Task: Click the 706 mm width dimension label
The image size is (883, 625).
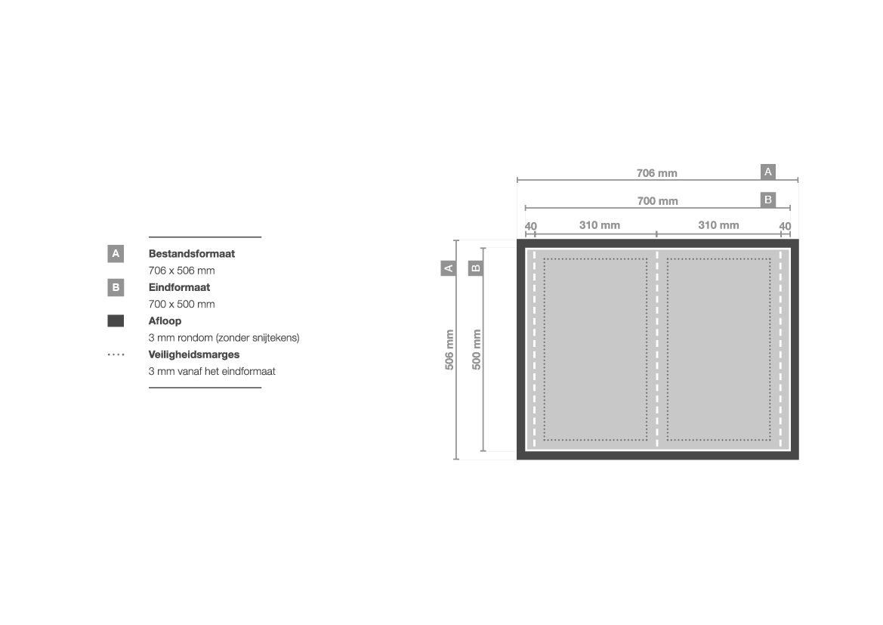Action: (656, 173)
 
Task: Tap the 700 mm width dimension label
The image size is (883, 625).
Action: (657, 201)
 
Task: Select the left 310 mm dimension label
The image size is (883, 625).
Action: (599, 225)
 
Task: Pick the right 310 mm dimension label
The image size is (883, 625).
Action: (718, 225)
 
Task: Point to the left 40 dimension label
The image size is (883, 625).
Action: (530, 227)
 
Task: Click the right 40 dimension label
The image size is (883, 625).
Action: (785, 227)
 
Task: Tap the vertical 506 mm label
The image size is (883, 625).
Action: (449, 349)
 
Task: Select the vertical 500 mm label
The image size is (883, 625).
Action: (477, 349)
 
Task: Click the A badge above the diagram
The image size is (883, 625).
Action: (767, 172)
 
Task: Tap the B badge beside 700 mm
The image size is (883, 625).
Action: (767, 200)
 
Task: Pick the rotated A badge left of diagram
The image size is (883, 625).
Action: (448, 268)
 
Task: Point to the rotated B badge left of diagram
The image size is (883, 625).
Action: (476, 268)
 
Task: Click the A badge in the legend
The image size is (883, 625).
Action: (116, 254)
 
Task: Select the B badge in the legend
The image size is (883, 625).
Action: (116, 287)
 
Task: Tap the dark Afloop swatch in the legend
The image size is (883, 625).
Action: (116, 321)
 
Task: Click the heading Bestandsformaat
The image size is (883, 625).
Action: (191, 254)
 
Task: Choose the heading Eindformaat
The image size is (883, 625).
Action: (179, 287)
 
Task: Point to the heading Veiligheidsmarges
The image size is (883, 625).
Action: (193, 354)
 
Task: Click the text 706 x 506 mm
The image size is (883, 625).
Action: (181, 271)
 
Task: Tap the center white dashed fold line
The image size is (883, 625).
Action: (656, 349)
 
